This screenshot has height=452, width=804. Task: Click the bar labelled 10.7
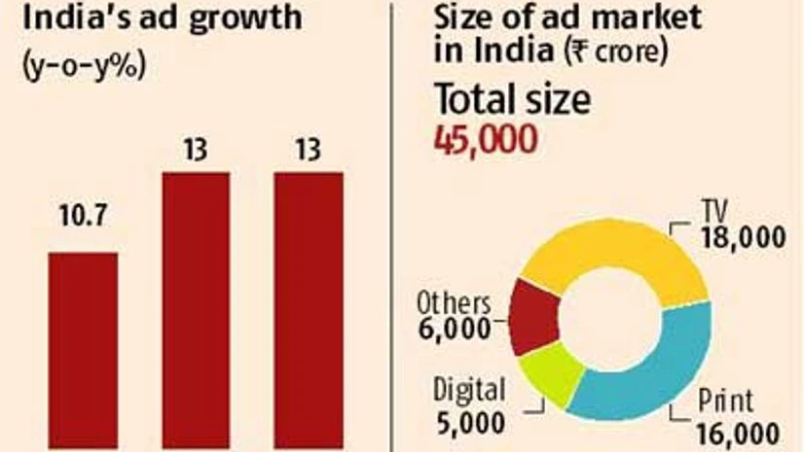[x=83, y=350]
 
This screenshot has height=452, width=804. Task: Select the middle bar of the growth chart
[x=196, y=311]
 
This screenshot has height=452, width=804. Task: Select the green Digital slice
[x=551, y=369]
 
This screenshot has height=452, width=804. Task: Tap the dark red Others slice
[x=534, y=316]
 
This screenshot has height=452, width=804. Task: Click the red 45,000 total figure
[x=485, y=139]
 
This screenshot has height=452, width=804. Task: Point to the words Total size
[x=512, y=100]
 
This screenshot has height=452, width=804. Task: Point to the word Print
[x=726, y=402]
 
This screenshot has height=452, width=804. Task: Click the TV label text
[x=716, y=209]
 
